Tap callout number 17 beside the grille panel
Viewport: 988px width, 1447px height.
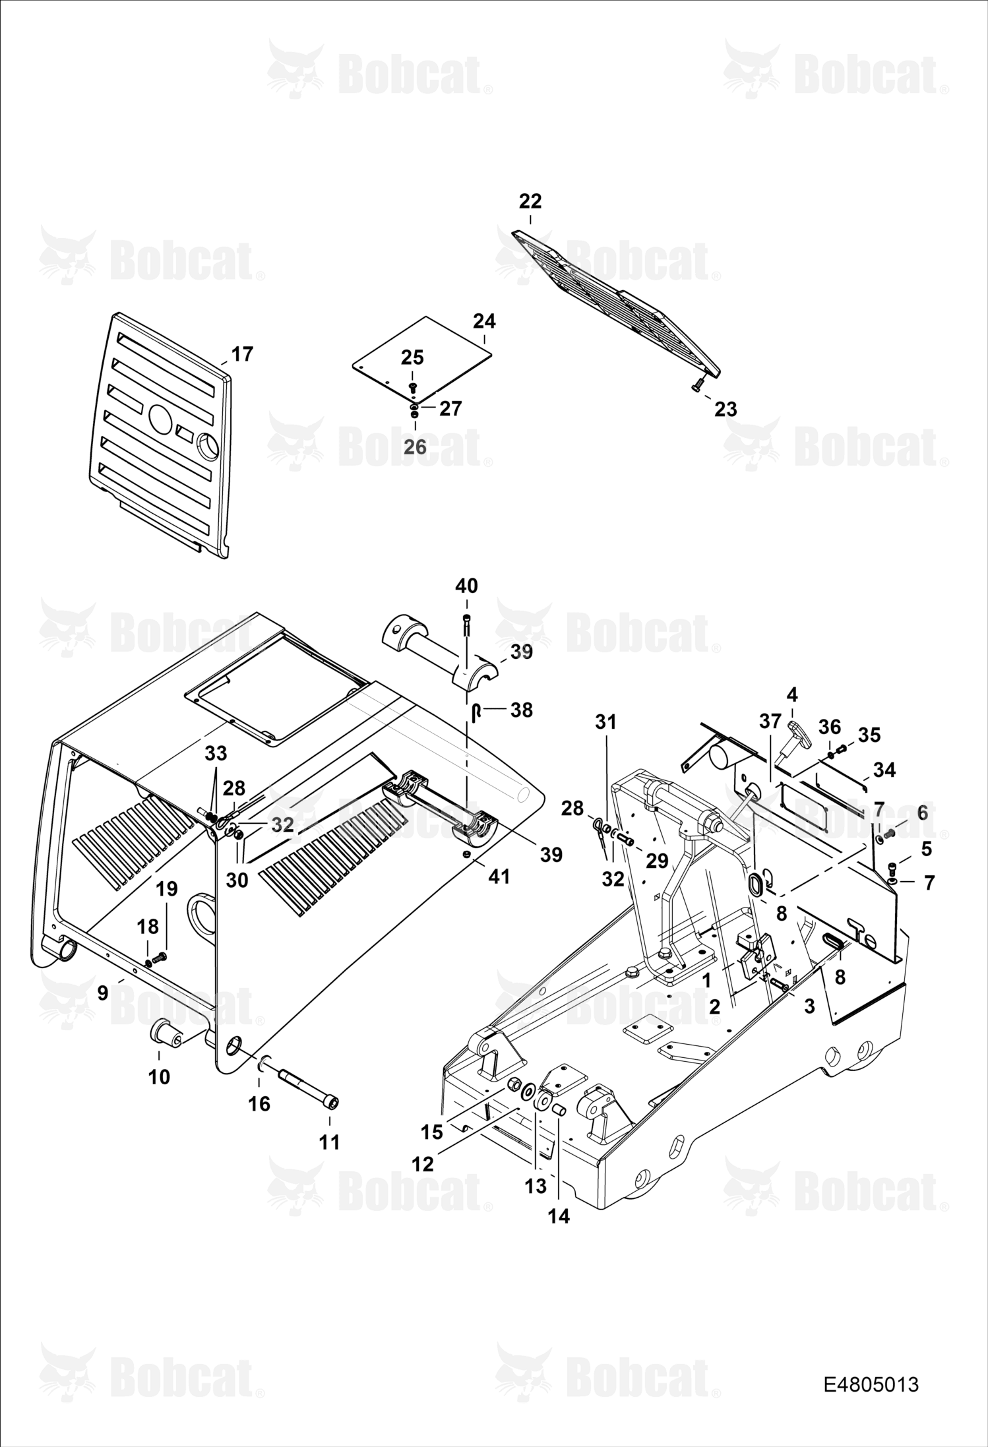243,354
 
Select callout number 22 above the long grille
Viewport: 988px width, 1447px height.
530,201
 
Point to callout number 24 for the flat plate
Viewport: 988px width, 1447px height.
485,321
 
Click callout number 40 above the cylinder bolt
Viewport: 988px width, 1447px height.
467,586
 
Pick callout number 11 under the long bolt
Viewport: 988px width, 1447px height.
330,1142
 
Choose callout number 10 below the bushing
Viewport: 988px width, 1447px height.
159,1077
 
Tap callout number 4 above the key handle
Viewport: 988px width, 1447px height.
792,694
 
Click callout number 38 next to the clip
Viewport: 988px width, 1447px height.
521,710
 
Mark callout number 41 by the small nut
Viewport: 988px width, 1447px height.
499,877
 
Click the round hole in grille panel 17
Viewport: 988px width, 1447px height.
159,417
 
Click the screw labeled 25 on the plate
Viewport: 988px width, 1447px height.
413,388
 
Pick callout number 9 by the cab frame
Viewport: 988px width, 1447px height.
102,993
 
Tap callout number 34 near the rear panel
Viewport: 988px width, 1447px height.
884,770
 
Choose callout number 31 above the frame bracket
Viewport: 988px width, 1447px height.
605,722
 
